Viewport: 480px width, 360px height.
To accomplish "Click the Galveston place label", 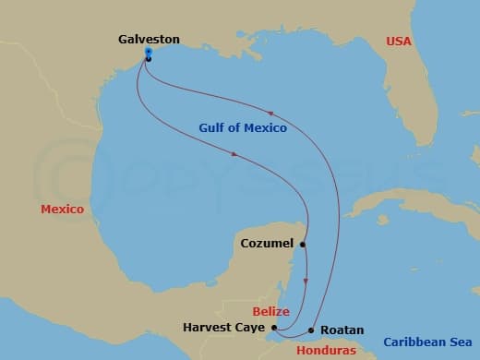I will pos(149,40).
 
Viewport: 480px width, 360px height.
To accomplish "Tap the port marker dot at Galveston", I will pos(149,58).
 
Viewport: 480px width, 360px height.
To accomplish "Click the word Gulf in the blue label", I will pos(213,128).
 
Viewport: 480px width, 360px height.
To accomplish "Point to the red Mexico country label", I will pos(62,210).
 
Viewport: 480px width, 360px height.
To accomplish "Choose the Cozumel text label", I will pos(266,244).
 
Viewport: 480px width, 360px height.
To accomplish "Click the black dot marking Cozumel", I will pos(303,245).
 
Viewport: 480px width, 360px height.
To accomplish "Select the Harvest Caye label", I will pos(224,328).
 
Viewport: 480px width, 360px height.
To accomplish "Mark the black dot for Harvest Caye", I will pos(275,327).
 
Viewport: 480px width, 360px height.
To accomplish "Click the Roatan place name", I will pos(342,330).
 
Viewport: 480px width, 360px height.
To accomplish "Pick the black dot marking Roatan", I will pos(312,330).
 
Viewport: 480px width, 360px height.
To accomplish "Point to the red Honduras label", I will pos(325,350).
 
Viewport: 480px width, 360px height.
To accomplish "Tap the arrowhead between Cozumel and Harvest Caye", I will pos(306,282).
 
